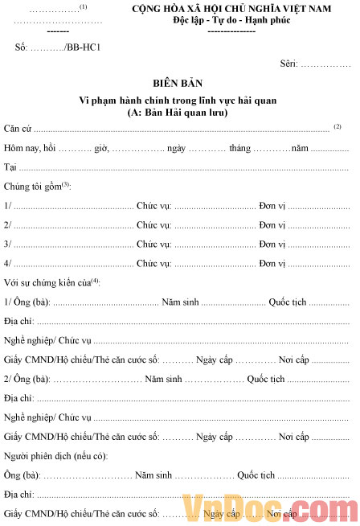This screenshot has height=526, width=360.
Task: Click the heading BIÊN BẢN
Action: coord(178,82)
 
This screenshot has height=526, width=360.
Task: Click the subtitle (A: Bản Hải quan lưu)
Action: coord(178,113)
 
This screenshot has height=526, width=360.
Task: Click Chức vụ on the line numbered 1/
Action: coord(153,206)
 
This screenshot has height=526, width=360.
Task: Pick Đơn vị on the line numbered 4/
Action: coord(272,263)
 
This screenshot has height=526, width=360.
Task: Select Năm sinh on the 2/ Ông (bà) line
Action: coord(162,379)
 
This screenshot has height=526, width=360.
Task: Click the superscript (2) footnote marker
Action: coord(338,126)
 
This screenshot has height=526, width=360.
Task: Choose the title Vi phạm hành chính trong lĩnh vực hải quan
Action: coord(178,100)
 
